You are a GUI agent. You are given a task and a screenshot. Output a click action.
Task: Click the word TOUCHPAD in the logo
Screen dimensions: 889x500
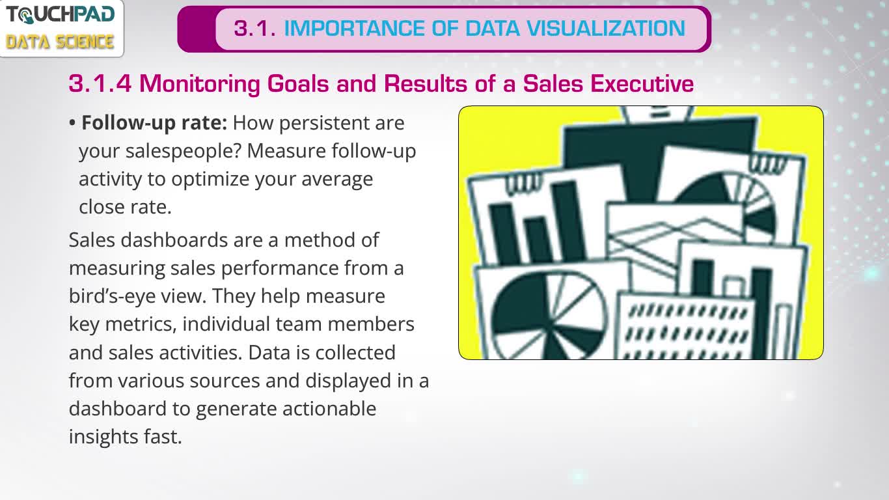61,15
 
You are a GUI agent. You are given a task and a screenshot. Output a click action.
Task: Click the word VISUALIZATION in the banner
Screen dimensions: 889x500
606,29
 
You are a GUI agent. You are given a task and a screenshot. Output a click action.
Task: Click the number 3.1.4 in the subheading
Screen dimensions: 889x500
100,84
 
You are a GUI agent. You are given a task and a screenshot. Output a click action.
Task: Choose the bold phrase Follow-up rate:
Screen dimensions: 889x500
154,123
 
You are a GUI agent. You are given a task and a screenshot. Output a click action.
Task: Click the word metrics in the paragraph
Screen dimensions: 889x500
141,324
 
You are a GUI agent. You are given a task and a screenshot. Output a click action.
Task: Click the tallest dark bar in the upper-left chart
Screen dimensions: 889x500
568,221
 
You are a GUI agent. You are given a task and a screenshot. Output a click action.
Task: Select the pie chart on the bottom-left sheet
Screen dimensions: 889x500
550,316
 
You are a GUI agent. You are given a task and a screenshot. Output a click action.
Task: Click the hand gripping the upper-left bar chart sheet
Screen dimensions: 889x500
523,184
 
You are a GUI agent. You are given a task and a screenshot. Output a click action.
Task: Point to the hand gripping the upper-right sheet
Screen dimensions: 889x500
769,163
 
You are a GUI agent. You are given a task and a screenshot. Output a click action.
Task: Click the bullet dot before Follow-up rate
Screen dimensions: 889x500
72,123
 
